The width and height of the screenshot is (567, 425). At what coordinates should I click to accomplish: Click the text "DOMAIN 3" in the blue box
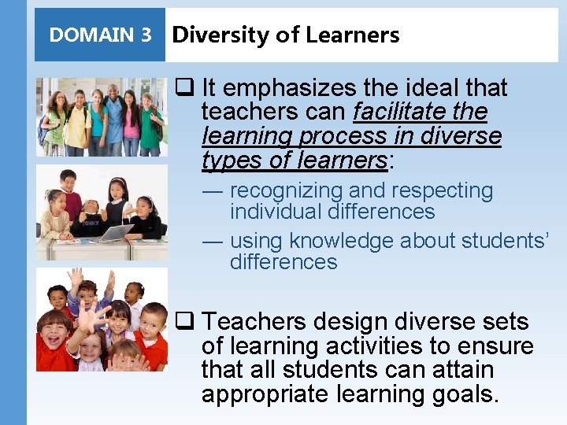tap(100, 35)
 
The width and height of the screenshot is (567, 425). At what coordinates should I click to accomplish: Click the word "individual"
tap(276, 212)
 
